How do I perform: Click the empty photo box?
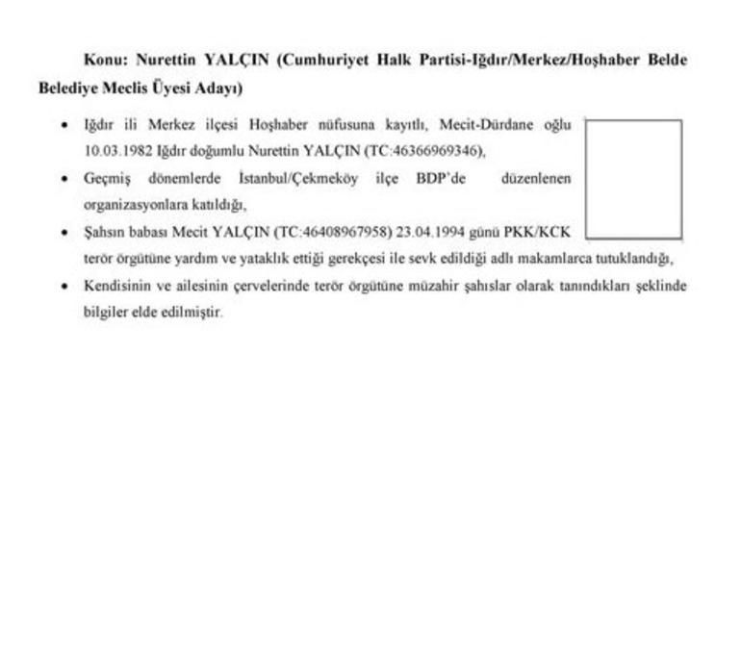click(x=633, y=179)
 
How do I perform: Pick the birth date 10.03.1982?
click(x=116, y=151)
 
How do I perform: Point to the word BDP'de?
click(x=440, y=179)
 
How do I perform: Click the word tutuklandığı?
click(x=635, y=260)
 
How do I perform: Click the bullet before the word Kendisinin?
click(x=64, y=287)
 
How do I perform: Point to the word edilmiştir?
click(x=194, y=313)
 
